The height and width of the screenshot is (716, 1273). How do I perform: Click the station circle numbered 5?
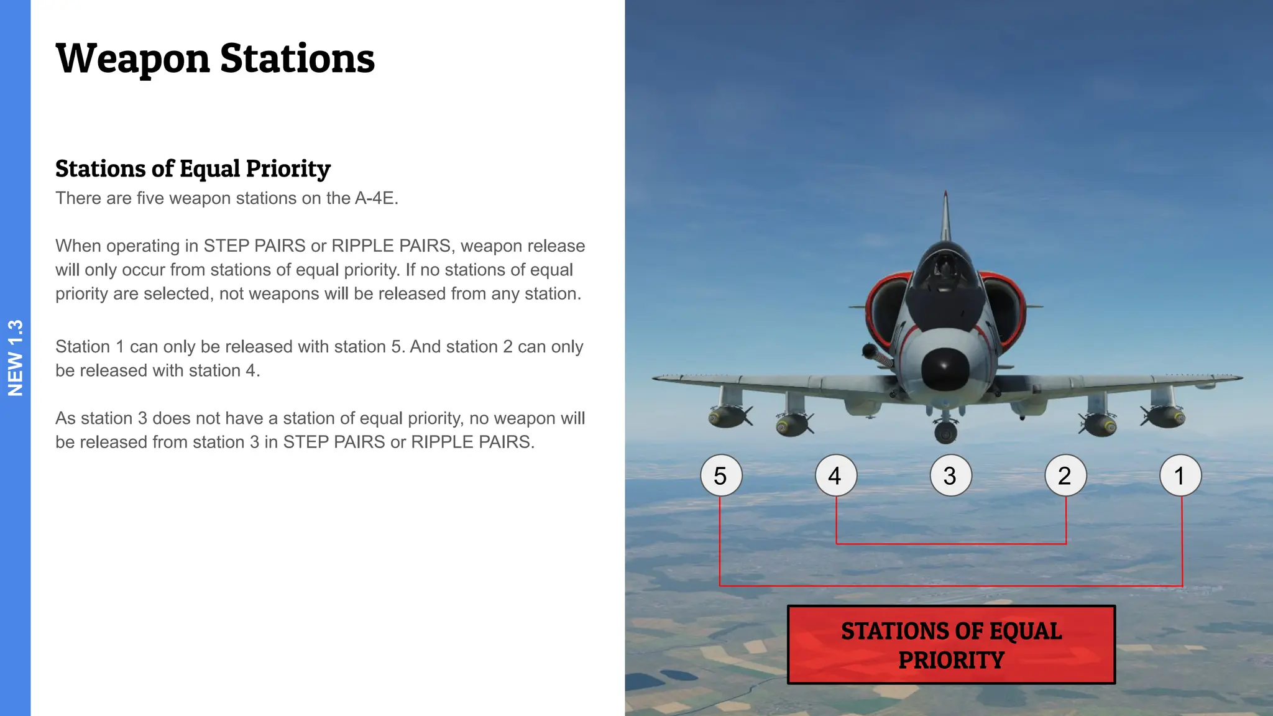click(721, 475)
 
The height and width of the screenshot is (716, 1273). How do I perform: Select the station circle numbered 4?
click(836, 475)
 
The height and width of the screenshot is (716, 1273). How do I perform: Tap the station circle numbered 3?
click(950, 475)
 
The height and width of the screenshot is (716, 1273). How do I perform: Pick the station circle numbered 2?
click(1065, 475)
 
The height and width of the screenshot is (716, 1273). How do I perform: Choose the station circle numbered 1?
click(1180, 475)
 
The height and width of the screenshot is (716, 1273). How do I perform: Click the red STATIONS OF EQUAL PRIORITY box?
click(951, 645)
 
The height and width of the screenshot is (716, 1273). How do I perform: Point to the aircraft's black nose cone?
click(945, 368)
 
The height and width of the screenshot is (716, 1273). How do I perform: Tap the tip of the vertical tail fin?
click(945, 194)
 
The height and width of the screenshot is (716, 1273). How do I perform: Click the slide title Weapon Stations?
click(215, 59)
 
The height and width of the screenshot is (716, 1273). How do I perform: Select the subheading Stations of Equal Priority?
click(193, 168)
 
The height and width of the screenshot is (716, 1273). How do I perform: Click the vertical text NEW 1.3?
click(15, 358)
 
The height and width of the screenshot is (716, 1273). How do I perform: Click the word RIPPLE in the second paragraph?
click(362, 246)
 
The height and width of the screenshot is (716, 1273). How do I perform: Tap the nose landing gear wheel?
click(945, 432)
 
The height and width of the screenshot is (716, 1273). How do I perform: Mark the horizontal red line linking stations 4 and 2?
click(951, 544)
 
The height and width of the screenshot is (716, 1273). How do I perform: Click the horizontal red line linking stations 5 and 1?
click(951, 585)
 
